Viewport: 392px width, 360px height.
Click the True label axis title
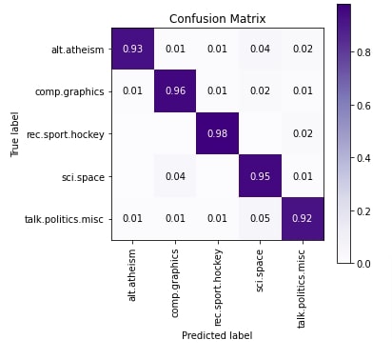[x=16, y=134]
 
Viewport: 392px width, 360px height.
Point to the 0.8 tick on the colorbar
[x=367, y=55]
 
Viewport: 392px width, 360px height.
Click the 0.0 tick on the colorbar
[x=367, y=263]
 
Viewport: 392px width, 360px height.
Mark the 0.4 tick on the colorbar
[x=367, y=159]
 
